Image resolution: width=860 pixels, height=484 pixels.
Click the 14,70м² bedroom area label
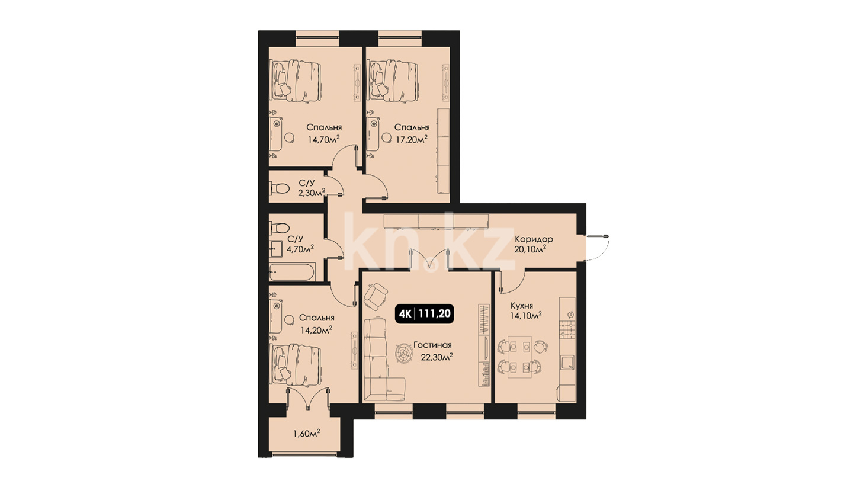point(323,139)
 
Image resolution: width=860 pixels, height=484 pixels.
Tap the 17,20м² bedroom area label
point(412,139)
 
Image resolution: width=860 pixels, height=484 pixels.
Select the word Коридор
point(534,239)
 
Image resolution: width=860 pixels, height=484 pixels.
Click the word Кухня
point(521,306)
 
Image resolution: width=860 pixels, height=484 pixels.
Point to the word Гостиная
point(432,345)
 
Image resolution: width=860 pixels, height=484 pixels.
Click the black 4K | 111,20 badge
point(424,314)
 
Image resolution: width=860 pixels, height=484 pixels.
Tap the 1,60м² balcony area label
point(307,434)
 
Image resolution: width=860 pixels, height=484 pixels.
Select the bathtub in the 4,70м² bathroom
point(292,272)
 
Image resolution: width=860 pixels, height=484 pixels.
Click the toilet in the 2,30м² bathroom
point(280,188)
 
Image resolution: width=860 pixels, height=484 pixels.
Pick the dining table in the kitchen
point(519,357)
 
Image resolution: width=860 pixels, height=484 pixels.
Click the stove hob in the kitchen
point(567,330)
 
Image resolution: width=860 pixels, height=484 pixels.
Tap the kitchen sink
point(567,363)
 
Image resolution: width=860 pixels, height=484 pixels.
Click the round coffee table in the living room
point(405,352)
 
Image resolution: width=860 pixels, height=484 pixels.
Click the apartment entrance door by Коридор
point(596,247)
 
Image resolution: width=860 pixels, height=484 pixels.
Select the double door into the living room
point(429,260)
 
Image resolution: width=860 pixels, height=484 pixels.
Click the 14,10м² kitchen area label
point(525,316)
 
